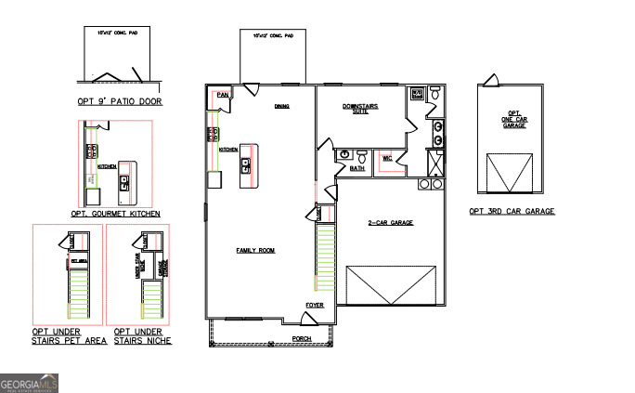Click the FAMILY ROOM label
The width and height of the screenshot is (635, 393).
coord(255,251)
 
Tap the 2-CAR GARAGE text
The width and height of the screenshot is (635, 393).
coord(391,223)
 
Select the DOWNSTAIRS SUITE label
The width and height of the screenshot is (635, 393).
coord(361,109)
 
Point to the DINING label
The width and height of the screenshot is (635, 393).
coord(281,106)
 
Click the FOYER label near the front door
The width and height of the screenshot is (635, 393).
coord(315,304)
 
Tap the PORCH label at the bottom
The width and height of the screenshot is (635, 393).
coord(301,339)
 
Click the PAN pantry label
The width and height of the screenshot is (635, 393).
coord(222,94)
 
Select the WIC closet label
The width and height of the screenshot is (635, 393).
coord(388,158)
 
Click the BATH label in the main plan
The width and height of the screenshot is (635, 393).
coord(357,169)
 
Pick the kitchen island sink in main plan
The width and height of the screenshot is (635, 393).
coord(246,165)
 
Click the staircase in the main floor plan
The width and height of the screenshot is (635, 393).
coord(325,260)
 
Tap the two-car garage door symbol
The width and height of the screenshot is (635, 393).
coord(390,284)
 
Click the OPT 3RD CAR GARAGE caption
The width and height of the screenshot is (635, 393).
coord(512,212)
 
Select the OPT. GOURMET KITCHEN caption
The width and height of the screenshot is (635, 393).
coord(115,214)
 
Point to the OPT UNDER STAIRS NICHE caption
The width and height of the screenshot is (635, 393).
coord(142,336)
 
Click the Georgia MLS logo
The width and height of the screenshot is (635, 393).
coord(30,383)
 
